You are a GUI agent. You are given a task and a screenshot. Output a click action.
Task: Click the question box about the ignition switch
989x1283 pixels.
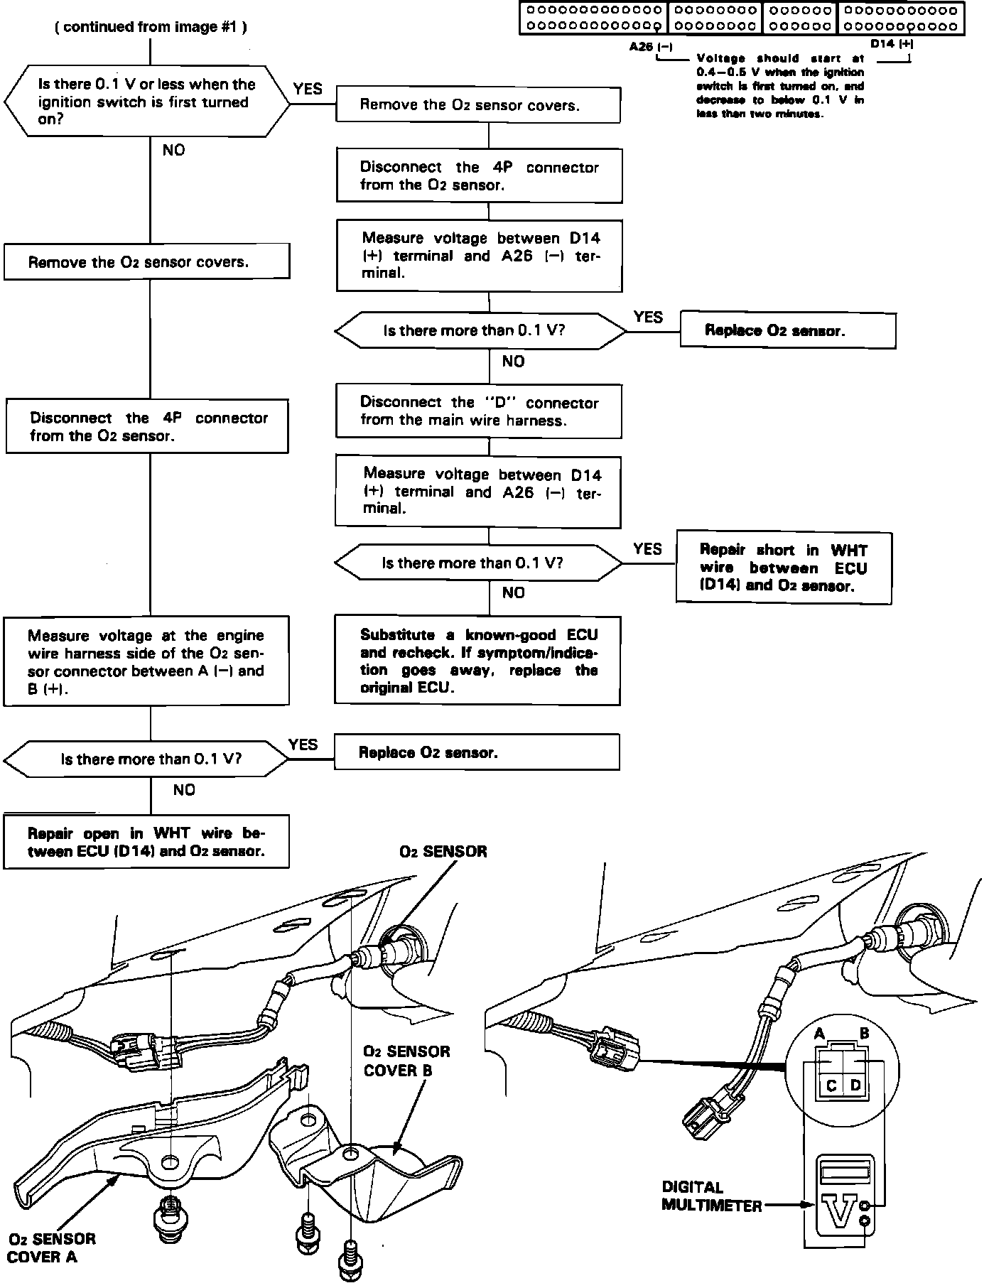point(146,102)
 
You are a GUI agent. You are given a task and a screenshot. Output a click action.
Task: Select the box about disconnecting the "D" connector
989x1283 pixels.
point(478,411)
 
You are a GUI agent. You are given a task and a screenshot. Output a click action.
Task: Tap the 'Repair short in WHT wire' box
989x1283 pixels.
point(783,568)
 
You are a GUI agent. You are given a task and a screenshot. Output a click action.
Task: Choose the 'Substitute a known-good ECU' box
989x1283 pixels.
point(478,661)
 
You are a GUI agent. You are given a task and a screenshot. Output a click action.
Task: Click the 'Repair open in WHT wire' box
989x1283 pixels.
point(146,842)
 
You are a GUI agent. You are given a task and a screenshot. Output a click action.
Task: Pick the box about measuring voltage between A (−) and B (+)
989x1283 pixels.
point(146,661)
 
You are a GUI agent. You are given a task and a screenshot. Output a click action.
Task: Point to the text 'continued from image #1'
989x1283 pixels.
point(151,27)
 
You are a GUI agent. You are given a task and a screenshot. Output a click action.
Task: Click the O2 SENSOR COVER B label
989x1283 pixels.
point(406,1061)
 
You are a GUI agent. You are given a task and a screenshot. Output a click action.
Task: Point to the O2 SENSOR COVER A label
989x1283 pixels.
point(51,1247)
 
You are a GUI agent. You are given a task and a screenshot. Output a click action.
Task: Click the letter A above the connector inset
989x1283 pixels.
point(819,1034)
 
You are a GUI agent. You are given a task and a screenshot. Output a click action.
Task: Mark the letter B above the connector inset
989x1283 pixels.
point(865,1034)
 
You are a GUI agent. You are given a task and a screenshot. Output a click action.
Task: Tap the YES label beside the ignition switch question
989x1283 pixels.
point(308,89)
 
